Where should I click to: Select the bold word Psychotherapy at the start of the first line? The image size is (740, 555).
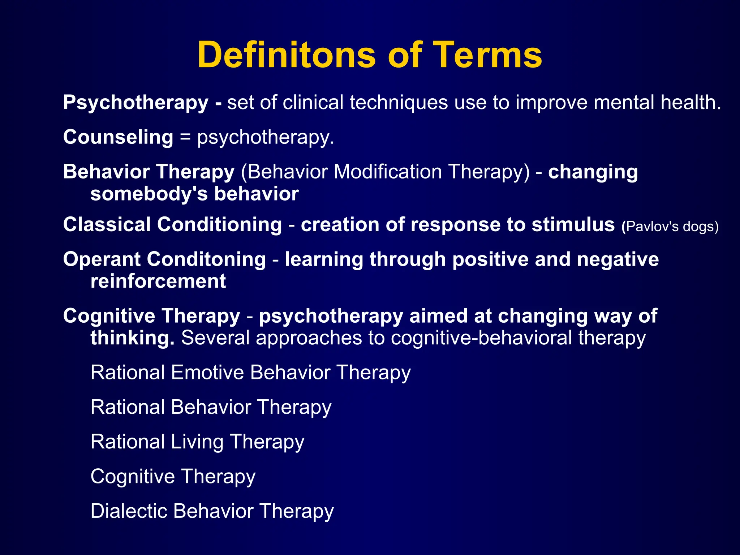[x=135, y=103]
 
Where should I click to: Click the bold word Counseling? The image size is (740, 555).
[x=118, y=137]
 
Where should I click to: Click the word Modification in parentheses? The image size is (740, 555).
[x=388, y=172]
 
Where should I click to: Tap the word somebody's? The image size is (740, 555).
[x=149, y=194]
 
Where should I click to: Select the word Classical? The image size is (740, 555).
[x=107, y=224]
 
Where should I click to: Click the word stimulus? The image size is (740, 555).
[x=573, y=224]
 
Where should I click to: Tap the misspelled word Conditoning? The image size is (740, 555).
[x=206, y=259]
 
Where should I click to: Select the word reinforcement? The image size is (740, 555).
[x=158, y=281]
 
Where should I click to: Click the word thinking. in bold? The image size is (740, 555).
[x=132, y=338]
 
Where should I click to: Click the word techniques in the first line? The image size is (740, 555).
[x=399, y=103]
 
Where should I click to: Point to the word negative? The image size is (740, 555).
[x=618, y=259]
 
